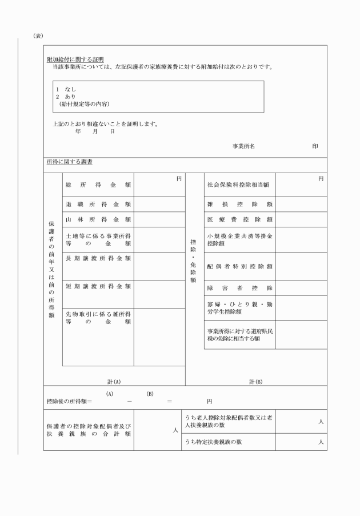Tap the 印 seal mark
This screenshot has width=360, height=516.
[315, 146]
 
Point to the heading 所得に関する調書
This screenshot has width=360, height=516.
[69, 162]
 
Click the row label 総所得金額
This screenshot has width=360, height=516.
[98, 185]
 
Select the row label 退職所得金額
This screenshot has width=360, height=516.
[98, 204]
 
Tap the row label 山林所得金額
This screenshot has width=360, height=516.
[98, 219]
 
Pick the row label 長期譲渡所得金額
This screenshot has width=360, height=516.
[98, 258]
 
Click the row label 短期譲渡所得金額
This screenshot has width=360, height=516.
[98, 286]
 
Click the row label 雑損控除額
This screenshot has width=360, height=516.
[240, 204]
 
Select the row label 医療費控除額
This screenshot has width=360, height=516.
[240, 219]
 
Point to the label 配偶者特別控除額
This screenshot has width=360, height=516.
[240, 266]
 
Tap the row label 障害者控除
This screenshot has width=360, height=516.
[240, 288]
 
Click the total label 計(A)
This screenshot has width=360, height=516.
[114, 381]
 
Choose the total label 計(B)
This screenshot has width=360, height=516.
[255, 381]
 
